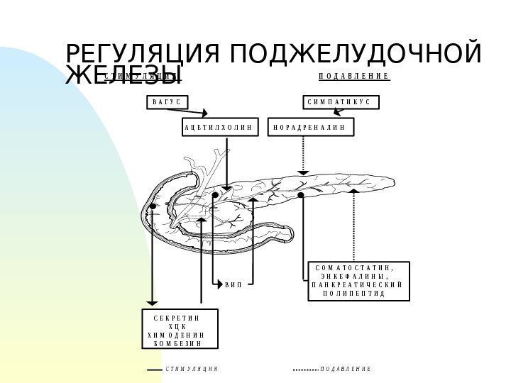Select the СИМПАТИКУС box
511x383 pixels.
tap(340, 103)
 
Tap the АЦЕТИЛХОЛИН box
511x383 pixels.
tap(217, 128)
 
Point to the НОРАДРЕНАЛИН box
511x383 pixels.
tap(309, 128)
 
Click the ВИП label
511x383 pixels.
tap(233, 285)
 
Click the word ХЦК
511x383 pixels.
tap(177, 326)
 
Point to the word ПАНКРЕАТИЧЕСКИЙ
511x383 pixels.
tap(357, 284)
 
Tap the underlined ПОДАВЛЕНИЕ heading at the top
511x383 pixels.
tap(354, 76)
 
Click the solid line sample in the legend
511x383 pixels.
tap(153, 370)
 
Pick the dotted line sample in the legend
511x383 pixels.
tap(304, 370)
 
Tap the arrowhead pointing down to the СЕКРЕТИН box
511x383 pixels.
tap(151, 303)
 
